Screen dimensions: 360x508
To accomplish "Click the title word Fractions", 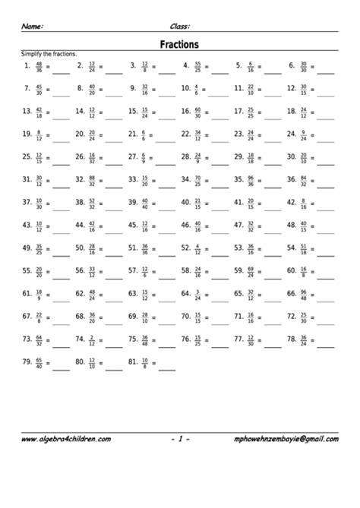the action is [x=180, y=45].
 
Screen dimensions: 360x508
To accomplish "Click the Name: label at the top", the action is [x=32, y=26].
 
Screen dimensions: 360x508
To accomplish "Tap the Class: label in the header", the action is [x=181, y=26].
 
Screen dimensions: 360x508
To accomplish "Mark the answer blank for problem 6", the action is [x=325, y=69].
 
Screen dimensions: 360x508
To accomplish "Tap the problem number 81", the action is [x=133, y=362].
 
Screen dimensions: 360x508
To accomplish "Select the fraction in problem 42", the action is [x=302, y=203].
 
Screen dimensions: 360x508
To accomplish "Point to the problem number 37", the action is [x=27, y=203].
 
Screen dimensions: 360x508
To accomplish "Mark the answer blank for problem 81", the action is [x=166, y=365].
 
